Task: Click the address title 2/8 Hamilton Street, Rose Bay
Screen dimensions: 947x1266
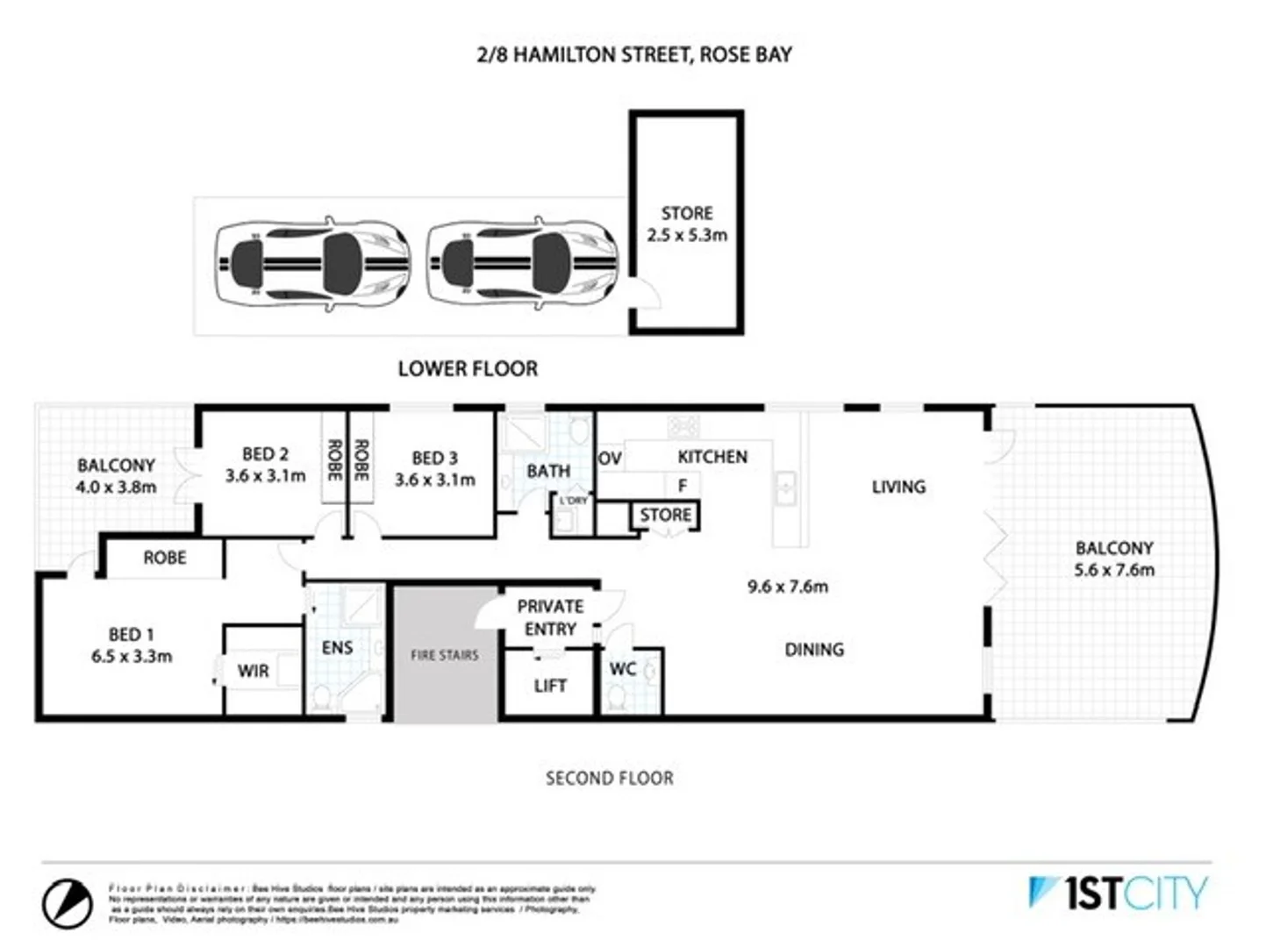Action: pos(633,54)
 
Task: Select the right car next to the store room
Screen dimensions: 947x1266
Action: pos(523,262)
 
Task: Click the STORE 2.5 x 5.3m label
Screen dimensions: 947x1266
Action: pos(687,224)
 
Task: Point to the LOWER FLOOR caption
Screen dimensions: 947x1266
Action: pos(468,368)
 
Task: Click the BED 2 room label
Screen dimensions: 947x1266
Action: pos(265,465)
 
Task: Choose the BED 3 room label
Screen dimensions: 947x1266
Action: pos(434,469)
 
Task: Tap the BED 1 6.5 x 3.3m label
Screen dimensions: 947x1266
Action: pos(132,645)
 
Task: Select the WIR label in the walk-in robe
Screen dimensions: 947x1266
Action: pos(254,671)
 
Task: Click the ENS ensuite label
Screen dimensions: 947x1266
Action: pos(337,648)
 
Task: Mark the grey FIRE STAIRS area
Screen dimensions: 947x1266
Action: pos(445,655)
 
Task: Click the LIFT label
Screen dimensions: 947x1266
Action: pos(550,686)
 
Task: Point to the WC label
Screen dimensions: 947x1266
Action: pos(623,669)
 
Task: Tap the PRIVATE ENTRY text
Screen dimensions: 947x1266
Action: pos(550,618)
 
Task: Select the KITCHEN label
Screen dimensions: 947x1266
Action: pos(712,457)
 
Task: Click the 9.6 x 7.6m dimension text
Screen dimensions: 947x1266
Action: pos(787,587)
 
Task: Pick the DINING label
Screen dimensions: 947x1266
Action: pos(814,650)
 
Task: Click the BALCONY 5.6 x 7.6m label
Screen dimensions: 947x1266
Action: pos(1114,559)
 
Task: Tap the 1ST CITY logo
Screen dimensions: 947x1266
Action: pos(1118,894)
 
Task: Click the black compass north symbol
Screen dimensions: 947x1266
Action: pos(68,902)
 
